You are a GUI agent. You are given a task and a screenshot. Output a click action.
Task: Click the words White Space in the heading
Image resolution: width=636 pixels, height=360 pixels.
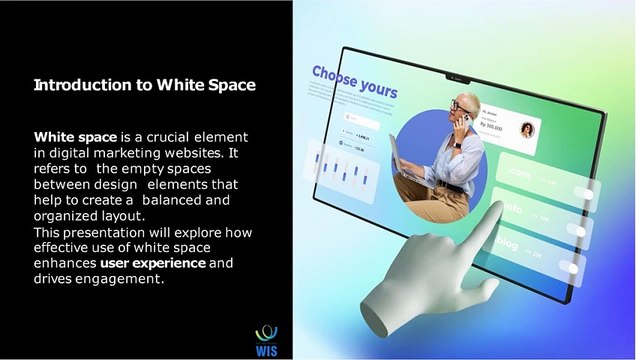click(205, 85)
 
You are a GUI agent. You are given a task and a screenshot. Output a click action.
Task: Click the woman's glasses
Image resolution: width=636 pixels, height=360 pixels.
click(458, 105)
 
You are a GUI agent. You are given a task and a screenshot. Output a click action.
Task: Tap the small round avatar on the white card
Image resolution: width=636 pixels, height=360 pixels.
click(526, 129)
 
